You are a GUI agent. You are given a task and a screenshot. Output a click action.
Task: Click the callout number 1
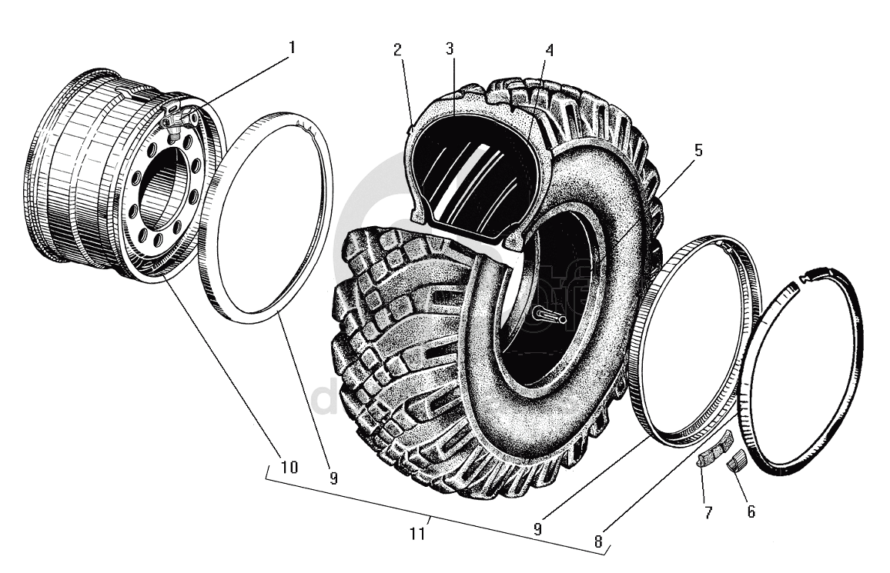[292, 48]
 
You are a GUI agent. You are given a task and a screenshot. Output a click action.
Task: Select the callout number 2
[397, 51]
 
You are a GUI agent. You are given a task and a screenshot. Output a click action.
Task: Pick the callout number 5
[698, 150]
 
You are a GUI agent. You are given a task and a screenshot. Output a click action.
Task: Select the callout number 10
[289, 467]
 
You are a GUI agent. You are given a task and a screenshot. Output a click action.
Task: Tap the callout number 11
[418, 533]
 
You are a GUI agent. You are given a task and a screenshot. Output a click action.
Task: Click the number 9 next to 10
[332, 478]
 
